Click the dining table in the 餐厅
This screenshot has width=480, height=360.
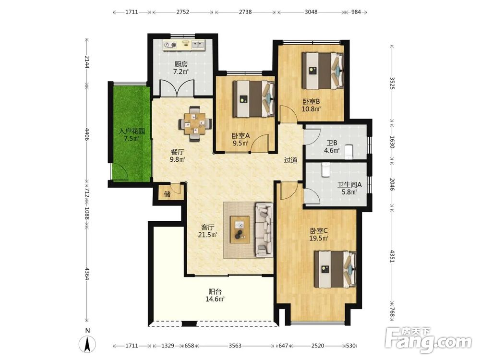195,124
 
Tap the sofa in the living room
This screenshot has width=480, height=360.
264,229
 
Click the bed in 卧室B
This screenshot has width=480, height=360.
323,71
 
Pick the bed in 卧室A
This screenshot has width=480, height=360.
253,99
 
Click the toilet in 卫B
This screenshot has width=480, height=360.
348,152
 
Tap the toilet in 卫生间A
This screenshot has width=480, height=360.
325,170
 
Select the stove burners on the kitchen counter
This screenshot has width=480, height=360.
170,45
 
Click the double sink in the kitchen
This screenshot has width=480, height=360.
198,45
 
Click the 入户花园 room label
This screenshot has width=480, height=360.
132,132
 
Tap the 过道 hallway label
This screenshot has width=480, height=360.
290,160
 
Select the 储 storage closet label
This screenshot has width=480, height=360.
167,194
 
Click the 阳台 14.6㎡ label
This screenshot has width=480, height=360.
215,295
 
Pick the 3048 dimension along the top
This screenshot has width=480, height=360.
311,12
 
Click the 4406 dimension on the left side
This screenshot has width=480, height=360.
87,134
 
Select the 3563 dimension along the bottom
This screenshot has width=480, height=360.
235,346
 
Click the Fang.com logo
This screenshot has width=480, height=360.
428,340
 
